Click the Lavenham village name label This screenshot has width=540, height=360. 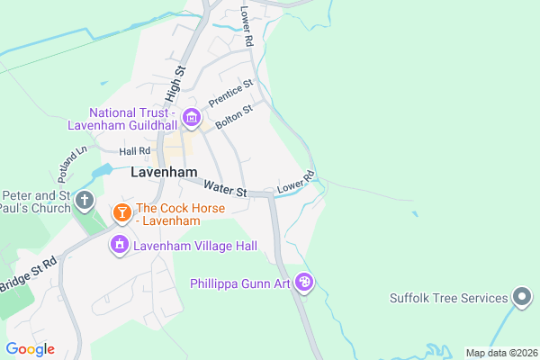(164, 171)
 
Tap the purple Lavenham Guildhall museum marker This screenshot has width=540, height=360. (191, 117)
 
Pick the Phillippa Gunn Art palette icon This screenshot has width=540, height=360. (305, 283)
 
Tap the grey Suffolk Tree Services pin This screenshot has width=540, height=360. (521, 296)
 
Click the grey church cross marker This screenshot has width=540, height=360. (85, 200)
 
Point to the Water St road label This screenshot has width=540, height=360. (225, 189)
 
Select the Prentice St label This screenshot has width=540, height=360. (231, 94)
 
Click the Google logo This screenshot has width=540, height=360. (30, 349)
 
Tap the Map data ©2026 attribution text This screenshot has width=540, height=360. (500, 353)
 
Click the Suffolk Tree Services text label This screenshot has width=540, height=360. (446, 298)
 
